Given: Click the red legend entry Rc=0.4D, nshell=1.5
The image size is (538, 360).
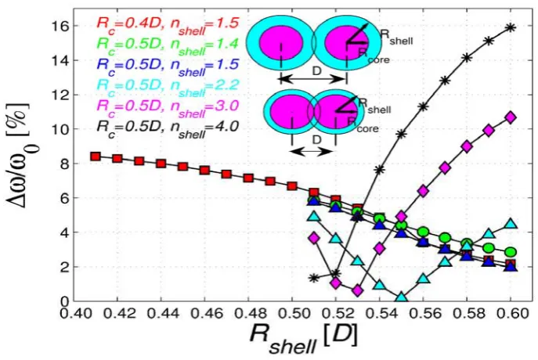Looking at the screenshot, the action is click(x=168, y=25).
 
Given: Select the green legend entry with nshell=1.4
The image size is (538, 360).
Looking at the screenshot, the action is click(x=168, y=46).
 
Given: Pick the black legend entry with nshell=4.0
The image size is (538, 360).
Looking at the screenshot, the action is click(x=168, y=128).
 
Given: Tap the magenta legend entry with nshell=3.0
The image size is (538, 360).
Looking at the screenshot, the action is click(x=168, y=108).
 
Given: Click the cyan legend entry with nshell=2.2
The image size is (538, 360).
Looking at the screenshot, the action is click(x=168, y=87).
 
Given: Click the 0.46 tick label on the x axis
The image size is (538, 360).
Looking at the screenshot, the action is click(x=204, y=313).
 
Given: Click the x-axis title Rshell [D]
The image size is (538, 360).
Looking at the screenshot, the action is click(x=303, y=337).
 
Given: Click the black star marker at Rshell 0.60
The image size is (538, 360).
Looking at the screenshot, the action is click(x=511, y=27).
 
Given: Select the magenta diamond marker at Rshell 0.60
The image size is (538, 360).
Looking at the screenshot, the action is click(x=511, y=117).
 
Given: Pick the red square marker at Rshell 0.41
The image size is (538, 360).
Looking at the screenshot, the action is click(x=96, y=157).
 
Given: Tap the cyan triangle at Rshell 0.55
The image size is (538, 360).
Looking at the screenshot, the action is click(x=402, y=297).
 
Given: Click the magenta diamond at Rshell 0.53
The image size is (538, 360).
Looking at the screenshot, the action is click(x=358, y=290).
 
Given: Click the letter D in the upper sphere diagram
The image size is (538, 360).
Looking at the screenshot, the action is click(x=316, y=71).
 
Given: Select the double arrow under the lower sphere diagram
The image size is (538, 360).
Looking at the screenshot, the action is click(x=313, y=151).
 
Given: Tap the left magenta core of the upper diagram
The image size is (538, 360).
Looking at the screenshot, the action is click(x=280, y=44).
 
